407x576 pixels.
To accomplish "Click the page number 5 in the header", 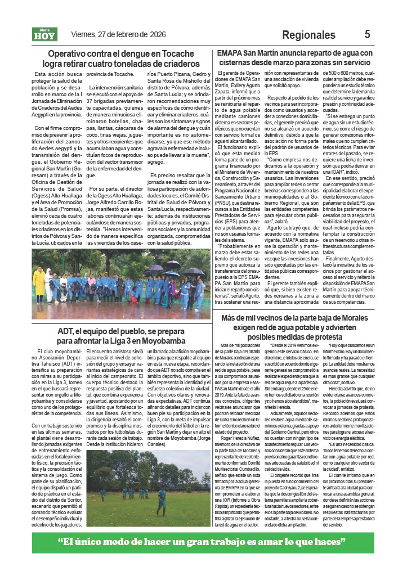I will (367, 34).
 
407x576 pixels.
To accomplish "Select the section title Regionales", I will (308, 35).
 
